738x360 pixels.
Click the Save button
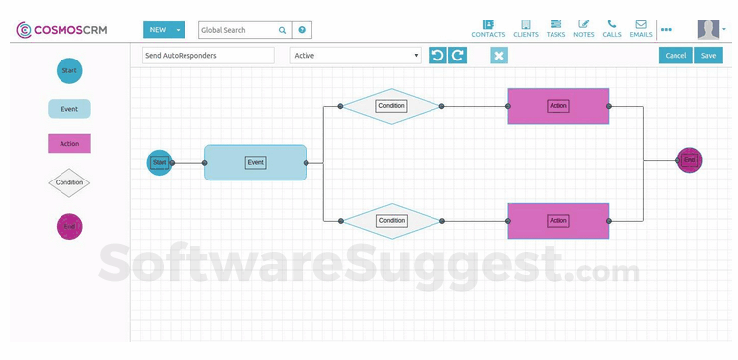(x=708, y=56)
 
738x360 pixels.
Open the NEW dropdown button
(x=163, y=30)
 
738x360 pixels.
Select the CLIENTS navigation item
(x=525, y=28)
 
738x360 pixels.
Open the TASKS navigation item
(x=555, y=28)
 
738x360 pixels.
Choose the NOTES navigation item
(x=584, y=28)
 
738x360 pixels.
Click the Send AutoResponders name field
(x=207, y=56)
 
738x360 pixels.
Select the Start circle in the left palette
(x=69, y=70)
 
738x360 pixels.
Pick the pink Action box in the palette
(x=69, y=143)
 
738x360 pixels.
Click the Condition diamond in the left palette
(x=69, y=182)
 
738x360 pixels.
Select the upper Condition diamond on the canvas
(x=391, y=105)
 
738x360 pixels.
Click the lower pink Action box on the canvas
(x=558, y=220)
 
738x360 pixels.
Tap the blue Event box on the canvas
(x=256, y=162)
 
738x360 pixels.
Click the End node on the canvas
(x=689, y=160)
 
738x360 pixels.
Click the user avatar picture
(x=708, y=29)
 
